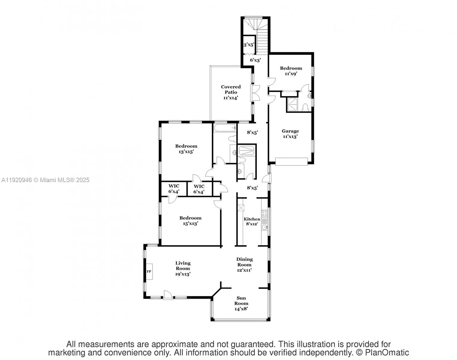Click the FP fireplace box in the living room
pyautogui.click(x=149, y=271)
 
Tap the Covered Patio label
pyautogui.click(x=231, y=92)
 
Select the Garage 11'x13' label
pyautogui.click(x=290, y=133)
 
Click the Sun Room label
pyautogui.click(x=241, y=303)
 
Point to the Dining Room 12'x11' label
pyautogui.click(x=244, y=264)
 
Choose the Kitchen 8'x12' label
pyautogui.click(x=252, y=221)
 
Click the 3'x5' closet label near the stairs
pyautogui.click(x=249, y=45)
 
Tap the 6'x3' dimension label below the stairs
pyautogui.click(x=255, y=60)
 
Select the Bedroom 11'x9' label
pyautogui.click(x=291, y=70)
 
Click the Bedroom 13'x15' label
pyautogui.click(x=186, y=149)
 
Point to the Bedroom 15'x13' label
pyautogui.click(x=190, y=220)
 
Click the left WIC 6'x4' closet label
pyautogui.click(x=174, y=189)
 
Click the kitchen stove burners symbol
pyautogui.click(x=264, y=213)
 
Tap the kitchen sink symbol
pyautogui.click(x=264, y=227)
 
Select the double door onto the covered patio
pyautogui.click(x=256, y=93)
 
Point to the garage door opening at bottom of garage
pyautogui.click(x=291, y=162)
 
